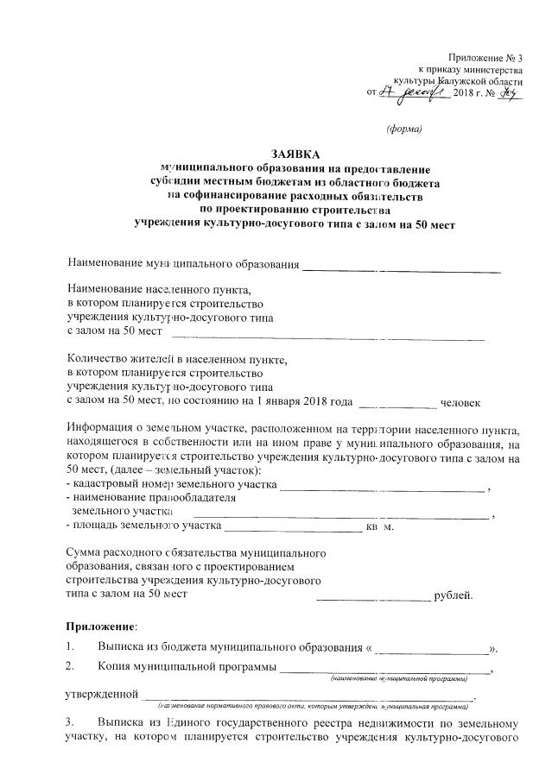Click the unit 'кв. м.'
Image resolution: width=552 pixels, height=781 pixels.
(380, 526)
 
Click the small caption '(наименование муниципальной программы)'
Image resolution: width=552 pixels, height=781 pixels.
(398, 679)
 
